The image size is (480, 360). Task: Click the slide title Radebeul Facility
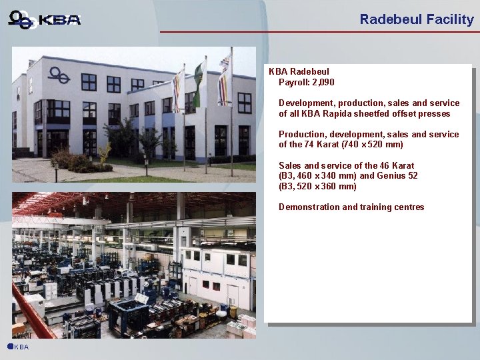pos(416,19)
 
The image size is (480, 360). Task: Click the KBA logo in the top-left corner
pos(45,19)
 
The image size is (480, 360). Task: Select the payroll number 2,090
pos(323,82)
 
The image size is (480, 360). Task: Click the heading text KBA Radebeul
pos(299,71)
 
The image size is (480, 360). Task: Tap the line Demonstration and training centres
pos(351,207)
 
